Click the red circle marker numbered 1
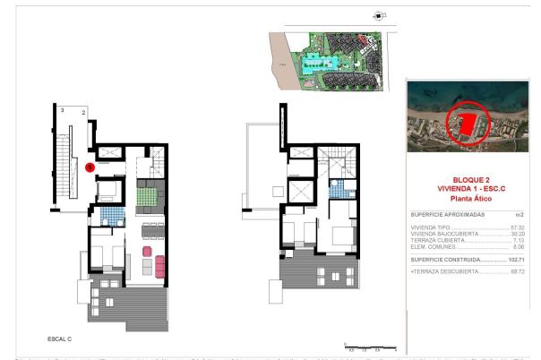click(x=90, y=167)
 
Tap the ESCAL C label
click(x=60, y=339)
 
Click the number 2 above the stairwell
click(x=83, y=114)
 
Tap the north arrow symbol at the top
click(x=379, y=14)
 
